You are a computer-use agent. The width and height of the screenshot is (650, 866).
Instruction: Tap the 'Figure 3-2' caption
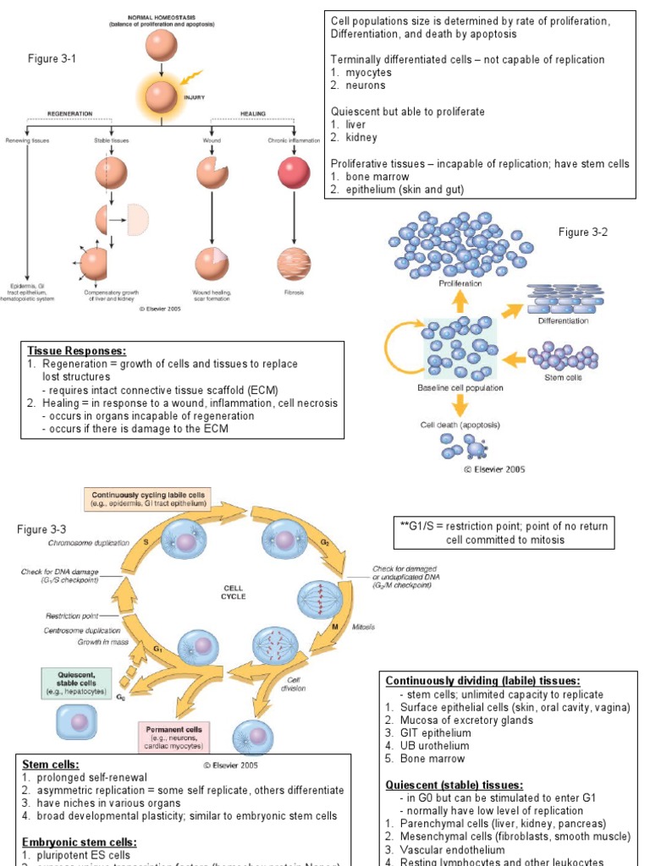point(583,232)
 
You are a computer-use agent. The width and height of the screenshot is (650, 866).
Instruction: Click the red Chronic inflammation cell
point(294,173)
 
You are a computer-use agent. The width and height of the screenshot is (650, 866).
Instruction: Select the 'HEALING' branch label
point(253,112)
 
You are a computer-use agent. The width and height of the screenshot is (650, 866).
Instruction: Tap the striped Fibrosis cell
point(294,263)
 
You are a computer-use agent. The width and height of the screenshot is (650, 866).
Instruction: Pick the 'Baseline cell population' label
point(460,387)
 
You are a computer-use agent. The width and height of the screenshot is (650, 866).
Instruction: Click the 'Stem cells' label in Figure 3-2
point(563,377)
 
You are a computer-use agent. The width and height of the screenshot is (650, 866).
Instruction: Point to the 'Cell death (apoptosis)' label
point(460,425)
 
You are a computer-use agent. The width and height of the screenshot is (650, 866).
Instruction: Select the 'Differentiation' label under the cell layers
point(564,321)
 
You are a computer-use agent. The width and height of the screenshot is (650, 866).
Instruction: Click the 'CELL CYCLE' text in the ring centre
point(234,591)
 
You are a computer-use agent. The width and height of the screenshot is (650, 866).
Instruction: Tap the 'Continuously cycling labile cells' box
point(148,499)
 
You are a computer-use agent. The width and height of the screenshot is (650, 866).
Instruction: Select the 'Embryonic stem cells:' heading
point(79,842)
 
